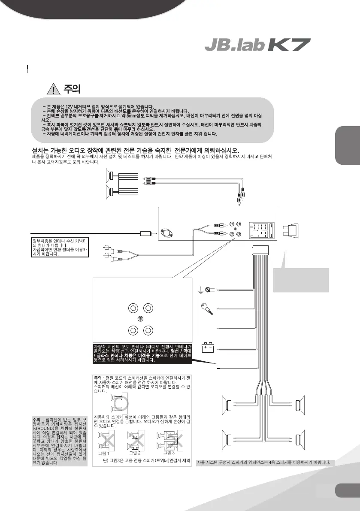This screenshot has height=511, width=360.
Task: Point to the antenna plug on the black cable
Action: (145, 234)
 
